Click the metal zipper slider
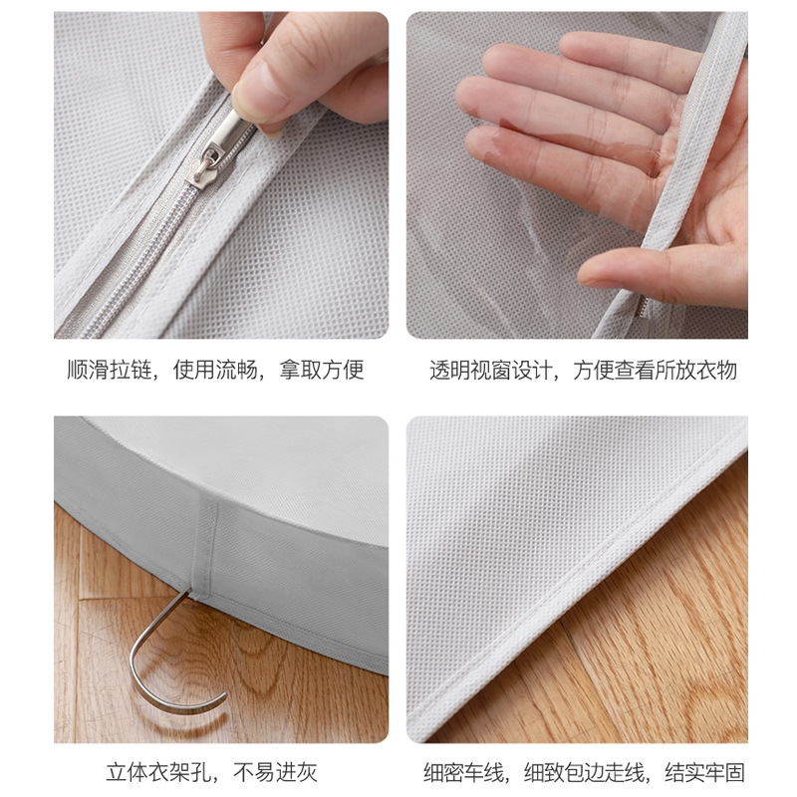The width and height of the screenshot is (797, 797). (223, 144)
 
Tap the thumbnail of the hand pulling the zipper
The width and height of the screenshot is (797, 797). (221, 175)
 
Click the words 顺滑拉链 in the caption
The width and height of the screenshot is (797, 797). (110, 370)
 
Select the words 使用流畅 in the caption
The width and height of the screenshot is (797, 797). (215, 370)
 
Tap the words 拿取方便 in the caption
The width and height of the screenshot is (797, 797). (322, 370)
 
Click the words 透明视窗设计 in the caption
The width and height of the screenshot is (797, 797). (491, 370)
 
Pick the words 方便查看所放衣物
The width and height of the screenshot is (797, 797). (656, 370)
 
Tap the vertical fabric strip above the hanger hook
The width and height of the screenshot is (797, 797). (205, 546)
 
